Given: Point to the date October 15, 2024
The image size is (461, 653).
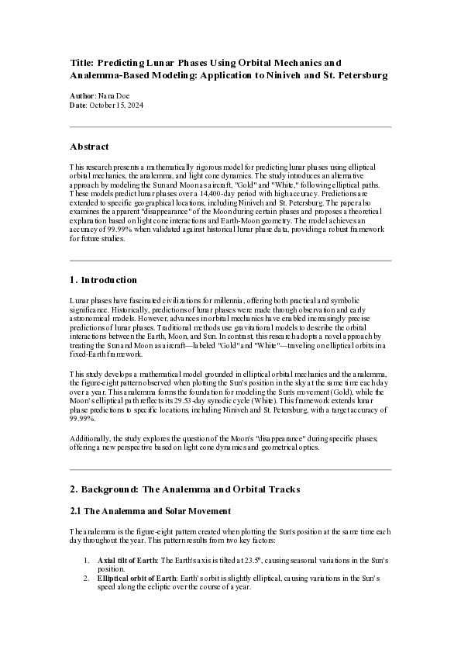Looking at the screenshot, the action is [116, 105].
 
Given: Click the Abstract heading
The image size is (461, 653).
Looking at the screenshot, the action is [89, 147].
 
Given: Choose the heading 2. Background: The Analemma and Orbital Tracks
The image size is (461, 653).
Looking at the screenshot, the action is [184, 489].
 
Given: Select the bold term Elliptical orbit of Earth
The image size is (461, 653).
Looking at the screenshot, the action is [136, 579].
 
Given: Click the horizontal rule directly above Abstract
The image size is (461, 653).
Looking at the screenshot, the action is [230, 126].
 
